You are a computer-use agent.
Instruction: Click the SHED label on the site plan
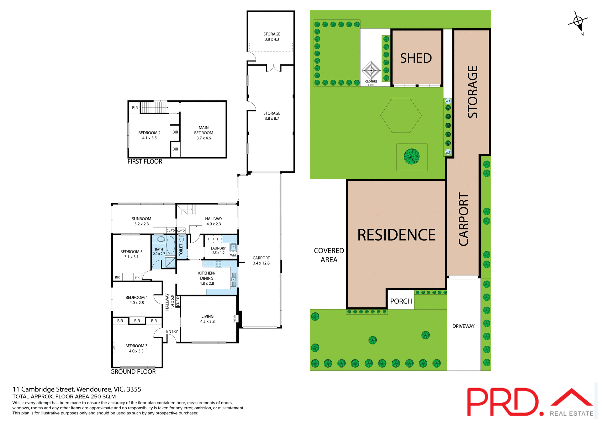pyautogui.click(x=416, y=58)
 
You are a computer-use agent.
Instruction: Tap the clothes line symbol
pyautogui.click(x=371, y=71)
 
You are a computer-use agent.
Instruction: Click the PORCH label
pyautogui.click(x=401, y=301)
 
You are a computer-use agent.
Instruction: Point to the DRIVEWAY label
pyautogui.click(x=463, y=326)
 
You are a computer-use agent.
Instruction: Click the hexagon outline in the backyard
pyautogui.click(x=401, y=115)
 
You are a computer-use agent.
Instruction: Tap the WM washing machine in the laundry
pyautogui.click(x=233, y=255)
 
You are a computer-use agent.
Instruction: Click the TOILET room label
pyautogui.click(x=181, y=250)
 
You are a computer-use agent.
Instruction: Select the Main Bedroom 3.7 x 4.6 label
pyautogui.click(x=203, y=133)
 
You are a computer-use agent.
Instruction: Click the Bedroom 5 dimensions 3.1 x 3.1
pyautogui.click(x=131, y=257)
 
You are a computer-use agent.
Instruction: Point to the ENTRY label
pyautogui.click(x=172, y=332)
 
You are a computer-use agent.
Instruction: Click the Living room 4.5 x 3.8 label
pyautogui.click(x=207, y=319)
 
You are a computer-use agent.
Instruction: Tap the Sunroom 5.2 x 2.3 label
pyautogui.click(x=141, y=221)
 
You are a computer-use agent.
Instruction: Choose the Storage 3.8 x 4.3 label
pyautogui.click(x=272, y=37)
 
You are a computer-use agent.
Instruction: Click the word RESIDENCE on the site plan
pyautogui.click(x=396, y=235)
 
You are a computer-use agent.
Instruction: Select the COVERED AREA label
pyautogui.click(x=329, y=255)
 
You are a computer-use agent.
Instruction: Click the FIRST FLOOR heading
pyautogui.click(x=145, y=162)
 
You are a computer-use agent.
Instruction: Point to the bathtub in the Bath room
pyautogui.click(x=171, y=245)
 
